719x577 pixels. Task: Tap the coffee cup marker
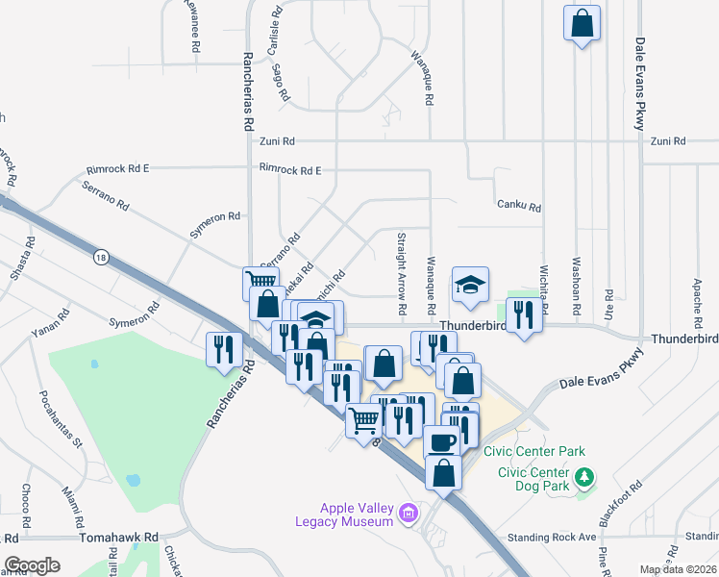pyautogui.click(x=441, y=441)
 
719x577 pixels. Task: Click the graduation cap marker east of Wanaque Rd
pyautogui.click(x=470, y=285)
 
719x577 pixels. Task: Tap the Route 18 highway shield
pyautogui.click(x=101, y=257)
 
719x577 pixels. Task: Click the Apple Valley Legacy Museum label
pyautogui.click(x=358, y=514)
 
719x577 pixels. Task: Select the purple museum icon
pyautogui.click(x=409, y=514)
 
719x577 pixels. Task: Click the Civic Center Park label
pyautogui.click(x=534, y=450)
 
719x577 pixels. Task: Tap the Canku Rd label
pyautogui.click(x=519, y=207)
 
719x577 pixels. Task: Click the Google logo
pyautogui.click(x=33, y=565)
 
